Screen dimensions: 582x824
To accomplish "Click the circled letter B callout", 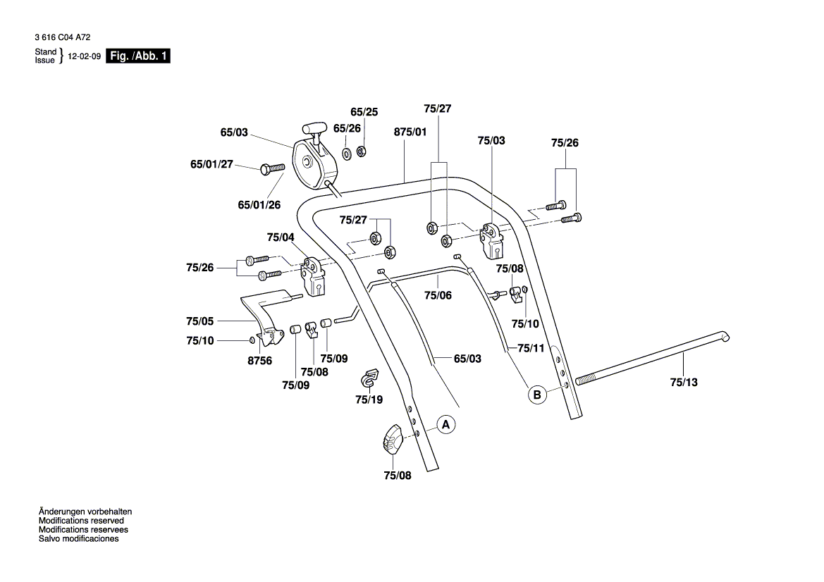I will coord(537,395).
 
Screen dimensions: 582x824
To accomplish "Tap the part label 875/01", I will coord(410,131).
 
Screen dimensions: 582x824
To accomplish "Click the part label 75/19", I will coord(369,400).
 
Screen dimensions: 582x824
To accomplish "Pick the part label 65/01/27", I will coord(211,164).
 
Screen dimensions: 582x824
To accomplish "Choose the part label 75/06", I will coord(438,295).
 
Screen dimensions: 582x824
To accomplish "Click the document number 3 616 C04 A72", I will coord(62,37).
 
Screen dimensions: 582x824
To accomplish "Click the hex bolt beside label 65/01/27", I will coord(271,168).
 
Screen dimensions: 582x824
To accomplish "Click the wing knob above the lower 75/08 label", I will coord(391,440).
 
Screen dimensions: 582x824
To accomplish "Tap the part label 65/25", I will coord(364,112).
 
